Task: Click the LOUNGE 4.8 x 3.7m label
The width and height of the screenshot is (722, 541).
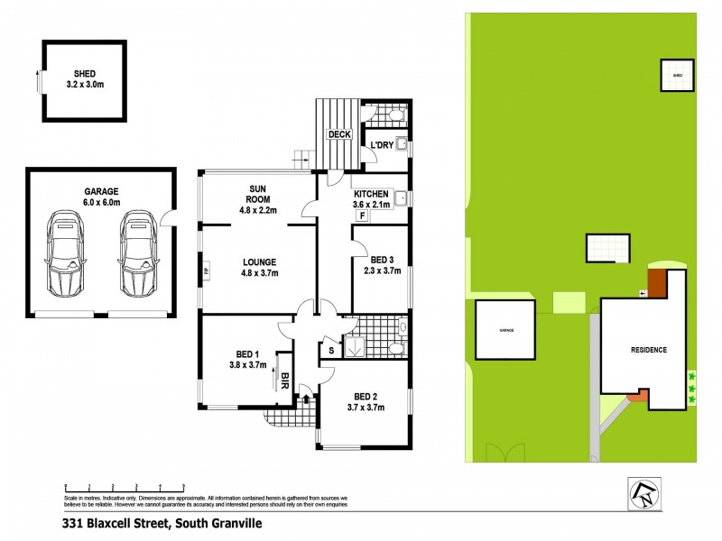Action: (258, 267)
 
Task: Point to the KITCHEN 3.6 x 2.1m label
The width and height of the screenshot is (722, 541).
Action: (371, 199)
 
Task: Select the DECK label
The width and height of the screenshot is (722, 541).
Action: (338, 134)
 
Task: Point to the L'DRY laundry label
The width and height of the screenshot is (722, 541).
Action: (380, 145)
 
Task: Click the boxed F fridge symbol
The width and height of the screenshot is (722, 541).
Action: (362, 216)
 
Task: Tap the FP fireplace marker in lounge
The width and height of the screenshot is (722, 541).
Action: (207, 270)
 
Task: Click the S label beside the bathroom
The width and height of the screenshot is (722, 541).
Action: (331, 349)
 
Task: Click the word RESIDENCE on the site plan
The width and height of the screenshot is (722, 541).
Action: (648, 350)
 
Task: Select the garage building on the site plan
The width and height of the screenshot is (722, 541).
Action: (506, 331)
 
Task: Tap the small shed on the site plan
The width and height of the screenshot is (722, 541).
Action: (677, 76)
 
